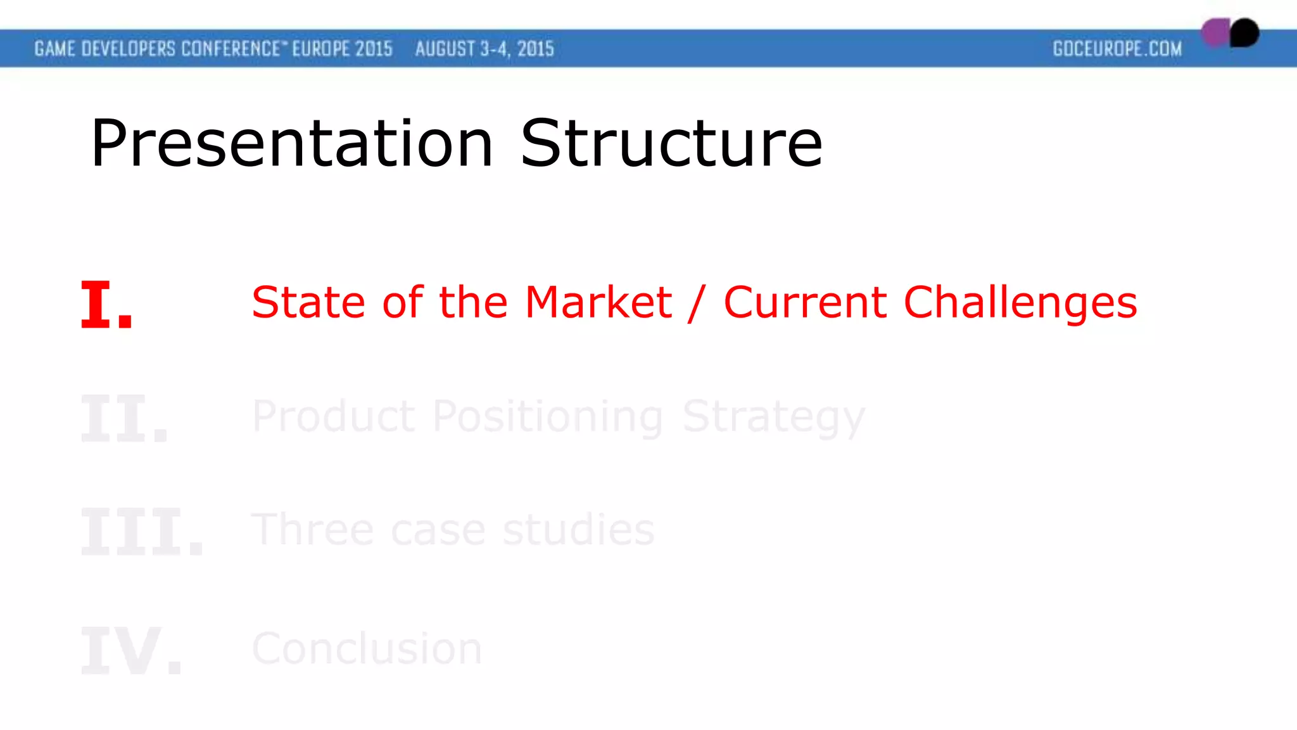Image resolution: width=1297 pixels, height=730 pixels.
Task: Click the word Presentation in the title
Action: coord(291,144)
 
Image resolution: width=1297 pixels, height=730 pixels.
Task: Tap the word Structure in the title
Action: coord(671,144)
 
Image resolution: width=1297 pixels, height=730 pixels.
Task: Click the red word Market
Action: coord(598,302)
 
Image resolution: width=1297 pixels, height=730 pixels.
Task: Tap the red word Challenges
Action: coord(1020,304)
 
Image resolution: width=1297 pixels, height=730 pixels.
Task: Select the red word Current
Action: coord(805,302)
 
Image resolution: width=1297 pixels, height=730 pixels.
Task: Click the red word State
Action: coord(308,302)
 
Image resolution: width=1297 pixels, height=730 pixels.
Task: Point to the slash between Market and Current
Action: coord(697,304)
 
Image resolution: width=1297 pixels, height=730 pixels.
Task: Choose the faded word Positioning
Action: coord(548,418)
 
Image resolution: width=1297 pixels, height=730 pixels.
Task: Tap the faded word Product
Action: coord(333,416)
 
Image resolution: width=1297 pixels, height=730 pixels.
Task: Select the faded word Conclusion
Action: coord(367,649)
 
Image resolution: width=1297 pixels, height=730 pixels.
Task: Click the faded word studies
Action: coord(578,530)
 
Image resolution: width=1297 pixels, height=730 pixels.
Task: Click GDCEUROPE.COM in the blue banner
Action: coord(1117,49)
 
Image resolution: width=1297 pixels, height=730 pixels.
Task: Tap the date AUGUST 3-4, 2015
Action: coord(484,49)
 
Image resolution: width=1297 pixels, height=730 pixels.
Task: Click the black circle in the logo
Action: coord(1244,33)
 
